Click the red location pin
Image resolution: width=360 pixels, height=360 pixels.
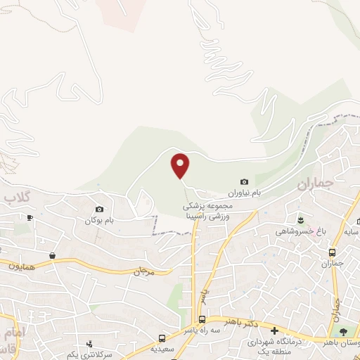[181, 166]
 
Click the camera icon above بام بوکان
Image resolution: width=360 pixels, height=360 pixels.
[99, 209]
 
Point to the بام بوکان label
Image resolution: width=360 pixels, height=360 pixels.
[99, 220]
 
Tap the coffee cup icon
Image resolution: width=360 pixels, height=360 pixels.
[29, 219]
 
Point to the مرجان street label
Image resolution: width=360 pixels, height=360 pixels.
[143, 270]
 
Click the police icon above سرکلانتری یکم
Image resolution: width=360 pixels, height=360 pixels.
[89, 345]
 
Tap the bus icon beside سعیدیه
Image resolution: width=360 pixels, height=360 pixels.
[162, 338]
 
